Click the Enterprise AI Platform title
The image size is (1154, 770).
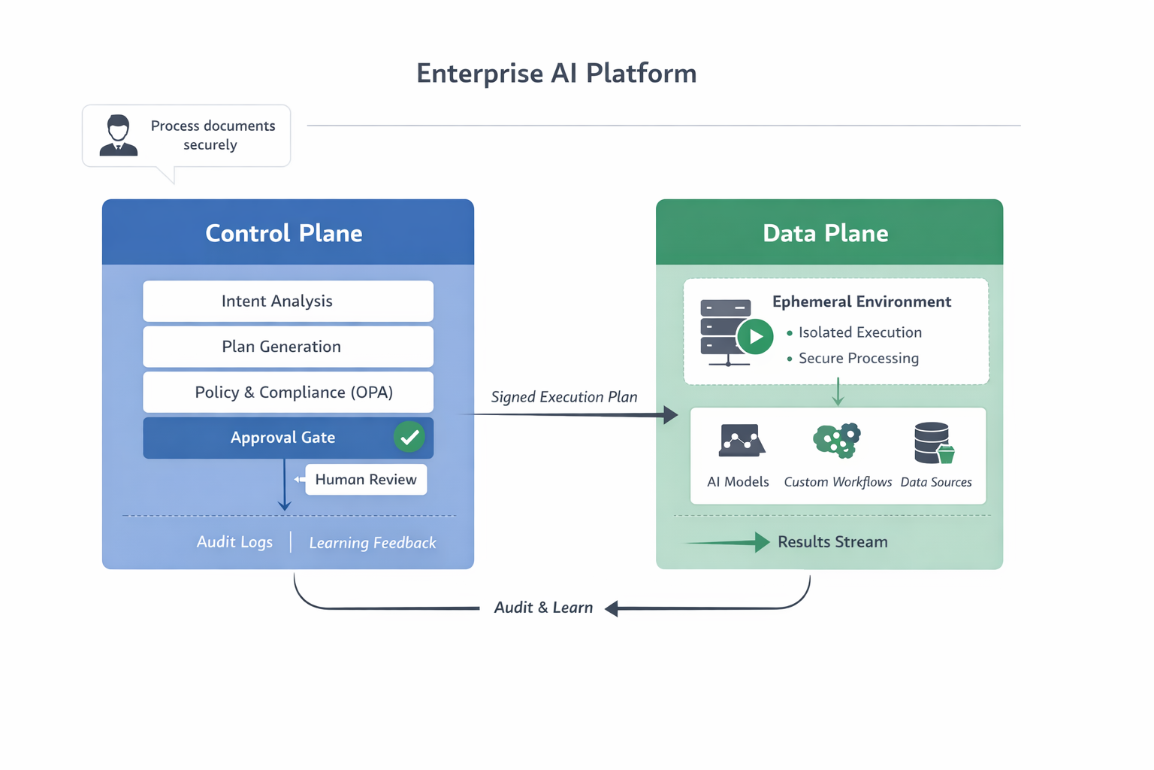coord(556,74)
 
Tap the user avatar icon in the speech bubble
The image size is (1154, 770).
coord(119,135)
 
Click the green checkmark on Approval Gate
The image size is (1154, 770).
coord(409,437)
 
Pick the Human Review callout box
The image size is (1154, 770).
coord(366,480)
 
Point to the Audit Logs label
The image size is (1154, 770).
coord(234,542)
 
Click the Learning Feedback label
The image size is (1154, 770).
coord(372,543)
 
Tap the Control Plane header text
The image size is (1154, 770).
coord(284,233)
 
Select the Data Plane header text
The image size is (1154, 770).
coord(825,233)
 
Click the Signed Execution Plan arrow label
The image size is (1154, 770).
coord(563,397)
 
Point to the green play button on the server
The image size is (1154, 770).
coord(755,337)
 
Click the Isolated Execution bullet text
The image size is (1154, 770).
coord(859,332)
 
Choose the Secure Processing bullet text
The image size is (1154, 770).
coord(858,359)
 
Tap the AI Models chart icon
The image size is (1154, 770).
coord(741,441)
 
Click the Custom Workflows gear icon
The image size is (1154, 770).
coord(837,440)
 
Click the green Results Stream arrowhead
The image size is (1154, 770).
coord(762,542)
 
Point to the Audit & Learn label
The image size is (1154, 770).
coord(543,608)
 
